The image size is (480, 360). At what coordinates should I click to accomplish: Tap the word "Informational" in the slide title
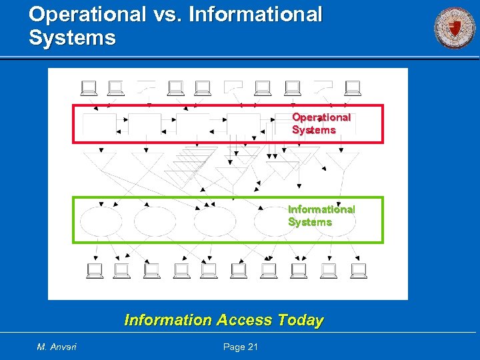coord(256,14)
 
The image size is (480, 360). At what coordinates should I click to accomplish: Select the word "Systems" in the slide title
coord(72,37)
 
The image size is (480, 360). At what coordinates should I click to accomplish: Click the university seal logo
coord(455,28)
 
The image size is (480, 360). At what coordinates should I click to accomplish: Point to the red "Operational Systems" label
coord(321,123)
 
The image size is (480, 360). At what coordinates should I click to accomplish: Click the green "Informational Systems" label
coord(321,215)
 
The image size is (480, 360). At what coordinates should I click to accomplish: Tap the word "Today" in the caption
coord(301,320)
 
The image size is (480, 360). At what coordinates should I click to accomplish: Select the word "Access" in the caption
coord(244,320)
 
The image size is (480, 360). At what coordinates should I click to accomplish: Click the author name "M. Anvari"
coord(57,346)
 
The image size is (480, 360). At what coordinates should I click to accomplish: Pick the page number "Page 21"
coord(241,346)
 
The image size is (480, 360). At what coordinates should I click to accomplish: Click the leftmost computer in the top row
coord(88,87)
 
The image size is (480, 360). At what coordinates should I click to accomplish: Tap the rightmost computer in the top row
coord(352,87)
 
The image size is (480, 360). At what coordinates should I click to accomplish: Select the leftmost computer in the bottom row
coord(95,270)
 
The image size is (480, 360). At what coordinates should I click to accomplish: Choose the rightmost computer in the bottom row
coord(359,270)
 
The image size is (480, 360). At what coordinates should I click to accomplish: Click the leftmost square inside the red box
coord(98,124)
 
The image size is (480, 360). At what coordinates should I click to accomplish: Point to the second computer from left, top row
coord(115,87)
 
